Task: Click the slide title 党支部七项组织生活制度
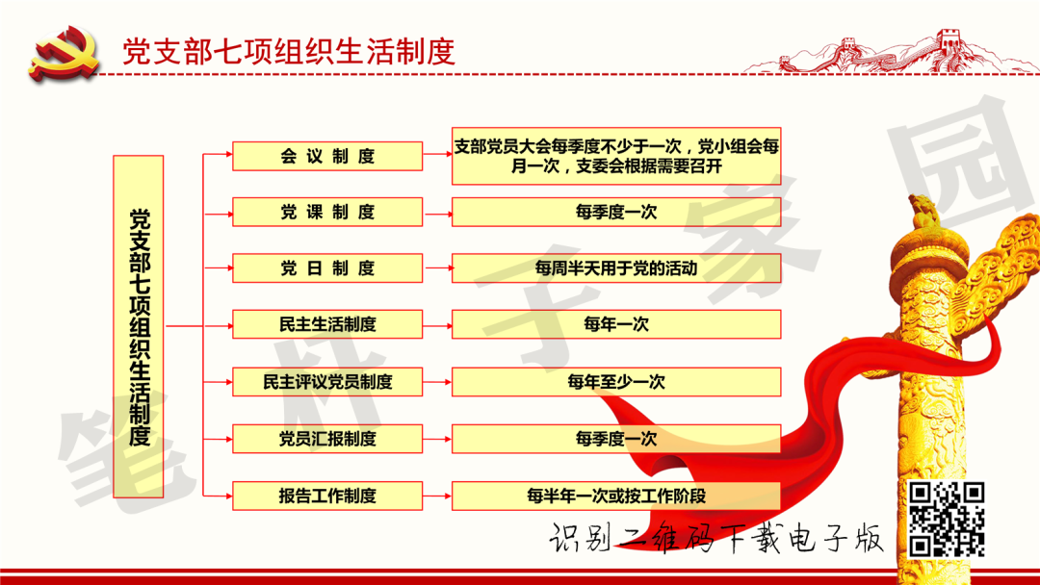[x=288, y=51]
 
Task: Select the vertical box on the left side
[x=139, y=326]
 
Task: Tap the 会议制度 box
[x=327, y=156]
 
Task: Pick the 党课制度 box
[x=327, y=212]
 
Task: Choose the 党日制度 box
[x=327, y=268]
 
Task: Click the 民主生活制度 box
[x=327, y=325]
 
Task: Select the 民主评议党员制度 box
[x=327, y=382]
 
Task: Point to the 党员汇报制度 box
[x=327, y=439]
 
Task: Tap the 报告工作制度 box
[x=327, y=496]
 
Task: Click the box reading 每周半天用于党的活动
[x=616, y=268]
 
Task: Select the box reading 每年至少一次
[x=616, y=382]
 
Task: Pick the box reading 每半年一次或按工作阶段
[x=616, y=496]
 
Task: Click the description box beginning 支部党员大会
[x=616, y=156]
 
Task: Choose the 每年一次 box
[x=616, y=325]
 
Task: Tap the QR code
[x=947, y=519]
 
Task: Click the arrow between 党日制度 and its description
[x=437, y=268]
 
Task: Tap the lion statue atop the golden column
[x=923, y=212]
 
